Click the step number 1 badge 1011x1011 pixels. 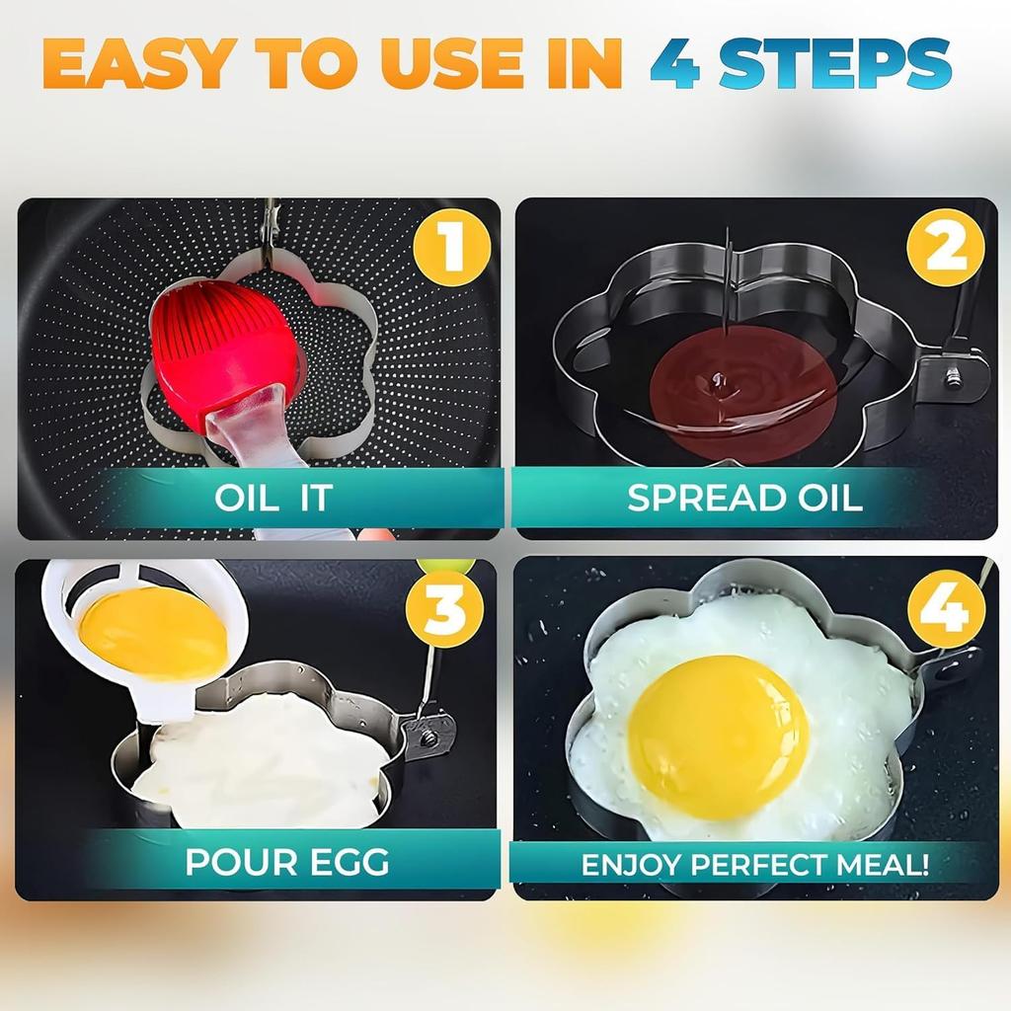point(453,247)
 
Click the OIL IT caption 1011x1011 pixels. point(273,498)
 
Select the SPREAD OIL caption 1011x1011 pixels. point(744,498)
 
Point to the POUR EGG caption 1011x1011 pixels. point(287,862)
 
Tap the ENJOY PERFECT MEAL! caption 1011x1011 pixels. point(754,866)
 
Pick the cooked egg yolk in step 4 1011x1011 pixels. point(718,735)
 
